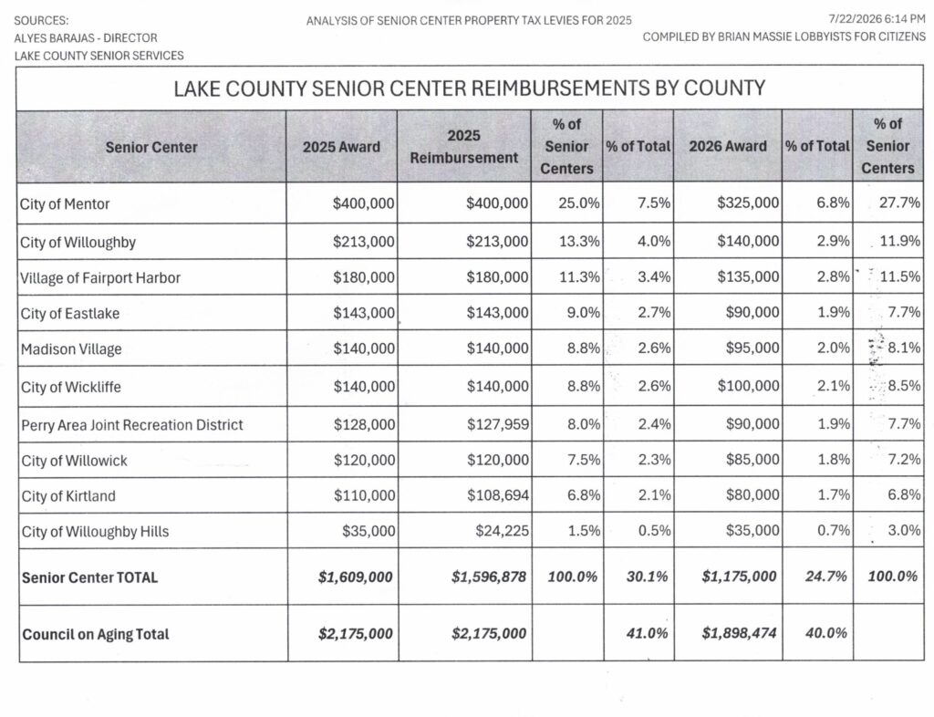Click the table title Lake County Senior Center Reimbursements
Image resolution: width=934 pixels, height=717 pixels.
470,88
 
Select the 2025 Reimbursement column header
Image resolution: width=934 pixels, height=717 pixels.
464,147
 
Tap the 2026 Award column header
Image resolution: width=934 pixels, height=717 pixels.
728,147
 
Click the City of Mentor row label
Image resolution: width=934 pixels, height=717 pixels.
65,204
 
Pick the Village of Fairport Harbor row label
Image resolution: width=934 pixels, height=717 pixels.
100,278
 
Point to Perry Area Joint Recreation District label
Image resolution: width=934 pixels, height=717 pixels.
132,425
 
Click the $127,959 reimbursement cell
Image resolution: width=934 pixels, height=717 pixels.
497,424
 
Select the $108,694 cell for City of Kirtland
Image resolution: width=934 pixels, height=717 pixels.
498,495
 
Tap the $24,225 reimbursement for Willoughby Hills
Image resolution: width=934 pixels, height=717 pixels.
503,531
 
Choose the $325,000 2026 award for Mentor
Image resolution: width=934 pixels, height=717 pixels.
748,203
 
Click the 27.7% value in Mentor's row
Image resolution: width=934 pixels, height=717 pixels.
899,203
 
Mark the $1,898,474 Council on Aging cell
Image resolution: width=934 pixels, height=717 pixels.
739,633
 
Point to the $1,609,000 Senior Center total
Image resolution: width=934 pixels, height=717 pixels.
356,577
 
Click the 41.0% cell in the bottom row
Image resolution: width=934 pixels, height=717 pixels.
647,633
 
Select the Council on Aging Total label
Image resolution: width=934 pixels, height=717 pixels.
96,634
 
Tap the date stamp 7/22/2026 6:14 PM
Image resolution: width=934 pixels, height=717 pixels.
877,19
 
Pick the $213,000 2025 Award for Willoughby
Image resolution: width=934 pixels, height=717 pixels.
363,242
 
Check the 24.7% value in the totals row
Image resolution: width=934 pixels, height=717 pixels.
826,577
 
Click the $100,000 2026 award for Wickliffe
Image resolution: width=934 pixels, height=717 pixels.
748,386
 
